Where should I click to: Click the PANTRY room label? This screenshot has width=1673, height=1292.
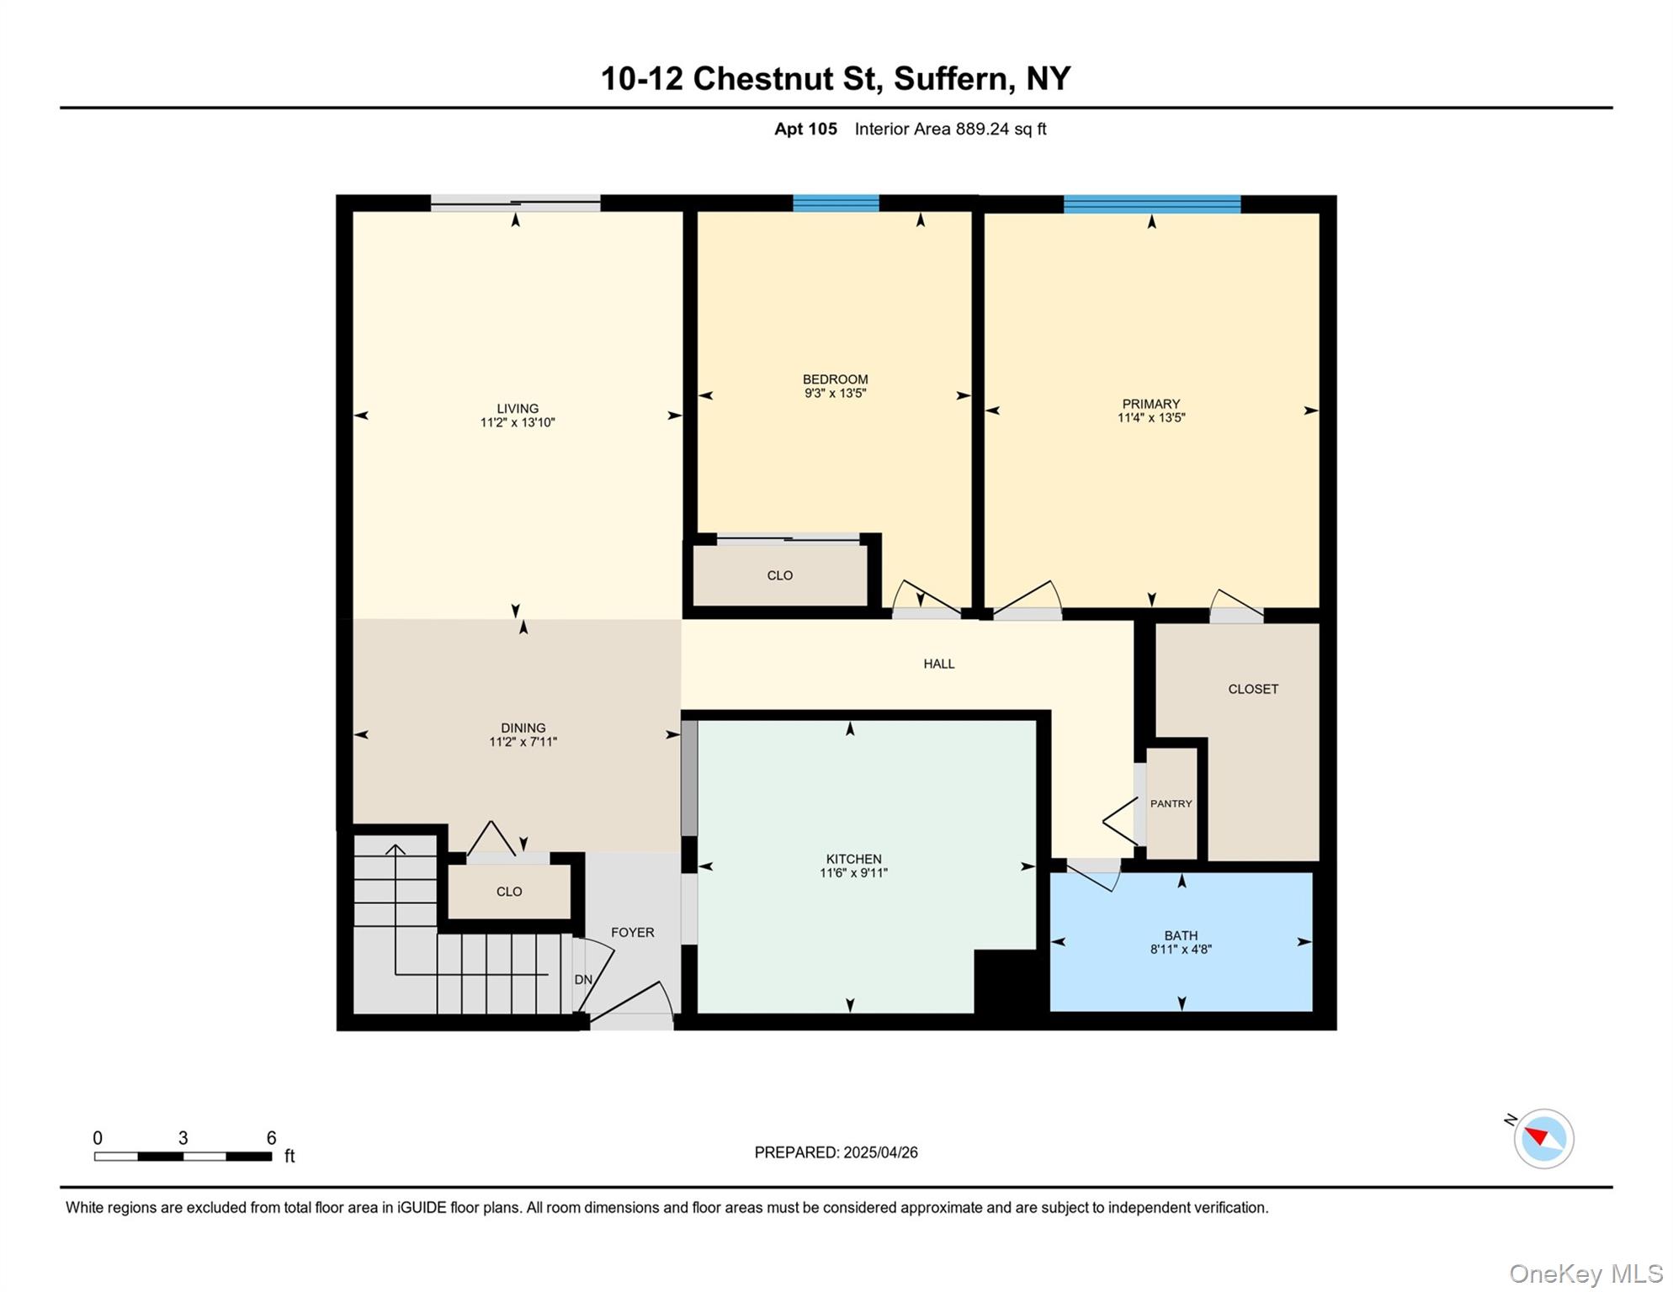[x=1171, y=803]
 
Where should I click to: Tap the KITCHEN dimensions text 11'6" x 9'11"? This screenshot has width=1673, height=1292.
[x=853, y=873]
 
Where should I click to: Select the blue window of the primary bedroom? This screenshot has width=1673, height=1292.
[x=1151, y=204]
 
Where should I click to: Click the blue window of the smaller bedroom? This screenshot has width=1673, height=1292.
[x=836, y=203]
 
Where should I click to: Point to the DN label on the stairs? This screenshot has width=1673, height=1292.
[x=583, y=979]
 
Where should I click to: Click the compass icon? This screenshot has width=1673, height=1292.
[x=1543, y=1138]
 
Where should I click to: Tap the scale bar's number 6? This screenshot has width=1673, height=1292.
[x=271, y=1138]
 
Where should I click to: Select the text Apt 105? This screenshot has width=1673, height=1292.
[x=805, y=129]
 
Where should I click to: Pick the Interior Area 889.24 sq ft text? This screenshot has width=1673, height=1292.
[x=950, y=129]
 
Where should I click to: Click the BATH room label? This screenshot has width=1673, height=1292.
[x=1181, y=935]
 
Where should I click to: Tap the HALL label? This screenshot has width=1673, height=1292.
[x=938, y=664]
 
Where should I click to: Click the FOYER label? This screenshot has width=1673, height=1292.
[x=632, y=932]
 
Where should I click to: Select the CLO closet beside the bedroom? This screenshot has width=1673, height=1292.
[x=779, y=575]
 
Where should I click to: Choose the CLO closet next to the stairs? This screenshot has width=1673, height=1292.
[x=508, y=892]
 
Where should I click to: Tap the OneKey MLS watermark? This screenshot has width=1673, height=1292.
[x=1585, y=1273]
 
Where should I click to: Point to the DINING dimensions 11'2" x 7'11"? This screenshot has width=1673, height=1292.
[x=523, y=742]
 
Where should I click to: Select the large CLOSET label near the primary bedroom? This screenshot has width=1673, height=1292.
[x=1252, y=689]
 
